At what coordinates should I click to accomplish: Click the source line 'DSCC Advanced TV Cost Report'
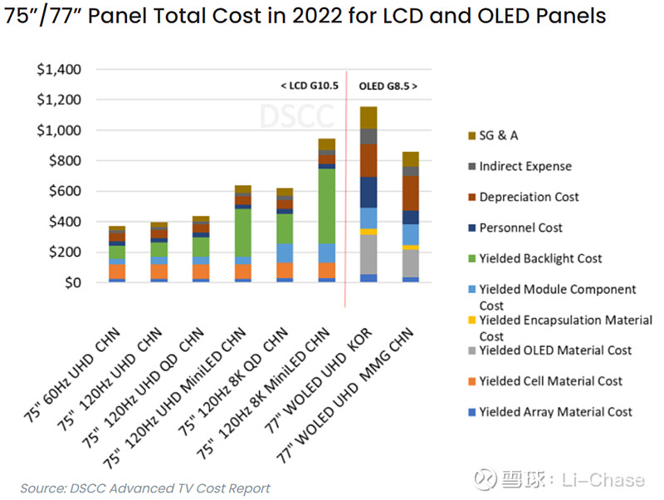pyautogui.click(x=145, y=488)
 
